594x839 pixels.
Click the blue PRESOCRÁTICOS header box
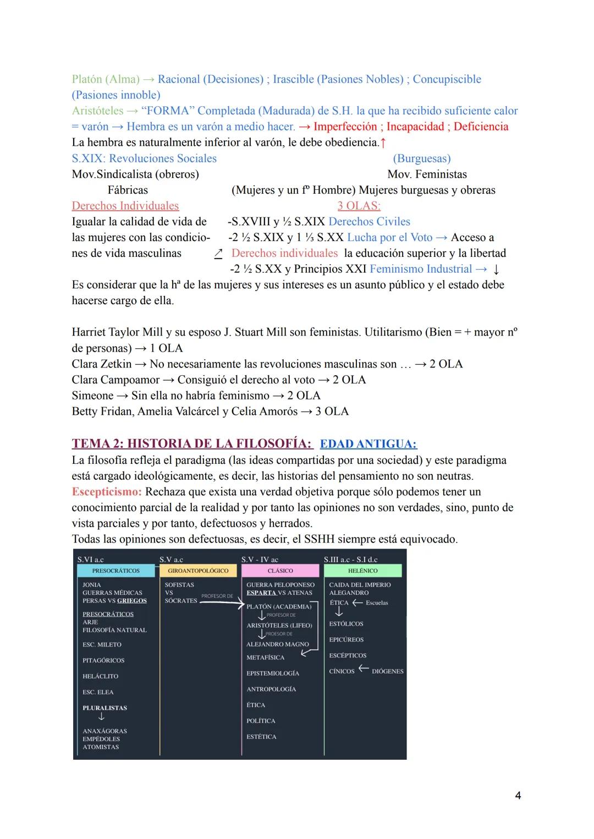coord(116,571)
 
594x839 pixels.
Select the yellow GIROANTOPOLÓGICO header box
coord(198,571)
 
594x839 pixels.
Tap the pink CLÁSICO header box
coord(280,571)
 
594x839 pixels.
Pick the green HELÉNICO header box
coord(362,571)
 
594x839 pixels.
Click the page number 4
coord(518,795)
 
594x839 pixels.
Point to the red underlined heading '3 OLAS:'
coord(359,206)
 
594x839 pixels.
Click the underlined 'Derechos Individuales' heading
coord(125,206)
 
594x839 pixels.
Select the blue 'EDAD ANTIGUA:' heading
coord(368,444)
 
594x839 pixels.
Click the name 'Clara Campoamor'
coord(116,380)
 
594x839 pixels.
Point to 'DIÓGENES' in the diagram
coord(387,671)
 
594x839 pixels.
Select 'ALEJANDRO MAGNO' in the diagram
coord(277,644)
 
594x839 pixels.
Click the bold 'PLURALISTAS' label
coord(105,708)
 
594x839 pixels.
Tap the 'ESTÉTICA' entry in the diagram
coord(261,737)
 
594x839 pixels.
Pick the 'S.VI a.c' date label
coord(90,560)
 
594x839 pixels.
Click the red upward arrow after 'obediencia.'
coord(383,142)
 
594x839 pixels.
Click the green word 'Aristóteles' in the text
coord(97,111)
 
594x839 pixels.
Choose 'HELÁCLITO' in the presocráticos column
coord(100,676)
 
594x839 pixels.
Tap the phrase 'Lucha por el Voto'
coord(389,237)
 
